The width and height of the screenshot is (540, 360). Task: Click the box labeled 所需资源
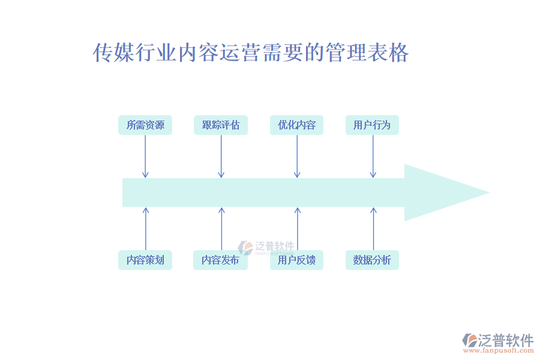pos(145,125)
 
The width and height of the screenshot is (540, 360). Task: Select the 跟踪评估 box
pos(221,125)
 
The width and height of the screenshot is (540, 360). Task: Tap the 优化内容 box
pos(296,125)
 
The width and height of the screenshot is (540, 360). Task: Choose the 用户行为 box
pos(372,125)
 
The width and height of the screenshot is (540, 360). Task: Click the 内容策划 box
pos(145,260)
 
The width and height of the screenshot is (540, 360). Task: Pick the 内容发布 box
pos(221,260)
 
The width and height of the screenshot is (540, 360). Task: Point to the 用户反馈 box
pos(296,260)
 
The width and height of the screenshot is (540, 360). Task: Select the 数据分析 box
pos(372,260)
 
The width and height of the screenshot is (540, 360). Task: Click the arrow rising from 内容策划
pos(145,229)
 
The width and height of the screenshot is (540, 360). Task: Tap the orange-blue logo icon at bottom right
pos(470,340)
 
